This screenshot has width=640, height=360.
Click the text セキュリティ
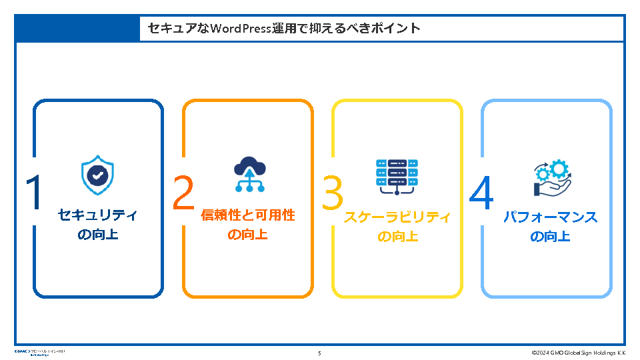point(98,215)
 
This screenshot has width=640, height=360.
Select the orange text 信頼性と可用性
point(248,215)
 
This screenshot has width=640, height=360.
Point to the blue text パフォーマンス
point(551,217)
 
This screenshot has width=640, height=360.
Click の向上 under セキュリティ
point(98,235)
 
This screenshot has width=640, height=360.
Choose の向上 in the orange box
point(248,235)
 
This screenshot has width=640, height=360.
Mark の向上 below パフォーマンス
point(551,237)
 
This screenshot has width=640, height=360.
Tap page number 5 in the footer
point(319,353)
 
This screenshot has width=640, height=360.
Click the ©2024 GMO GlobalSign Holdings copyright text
point(579,353)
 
